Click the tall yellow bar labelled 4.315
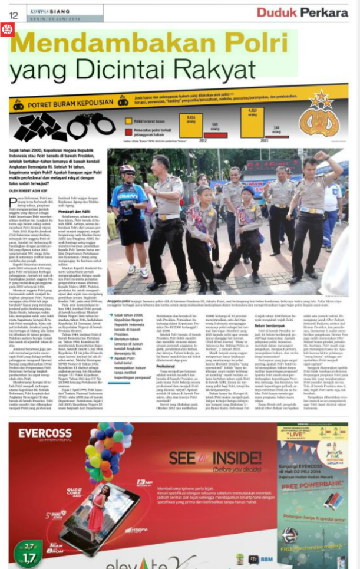(252, 122)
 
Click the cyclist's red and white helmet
(127, 169)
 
